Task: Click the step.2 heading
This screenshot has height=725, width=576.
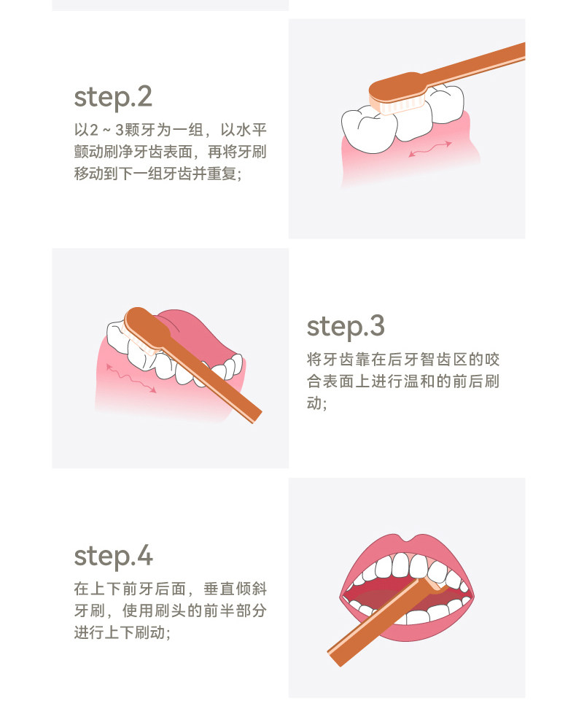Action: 113,98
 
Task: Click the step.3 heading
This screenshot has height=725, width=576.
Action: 346,327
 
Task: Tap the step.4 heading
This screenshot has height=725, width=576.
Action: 113,557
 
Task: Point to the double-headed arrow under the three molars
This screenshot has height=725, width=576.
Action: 430,150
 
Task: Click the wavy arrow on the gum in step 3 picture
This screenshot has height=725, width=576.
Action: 131,379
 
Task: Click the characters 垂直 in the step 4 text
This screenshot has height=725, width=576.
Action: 219,589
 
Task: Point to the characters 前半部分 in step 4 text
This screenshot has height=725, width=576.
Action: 235,610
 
